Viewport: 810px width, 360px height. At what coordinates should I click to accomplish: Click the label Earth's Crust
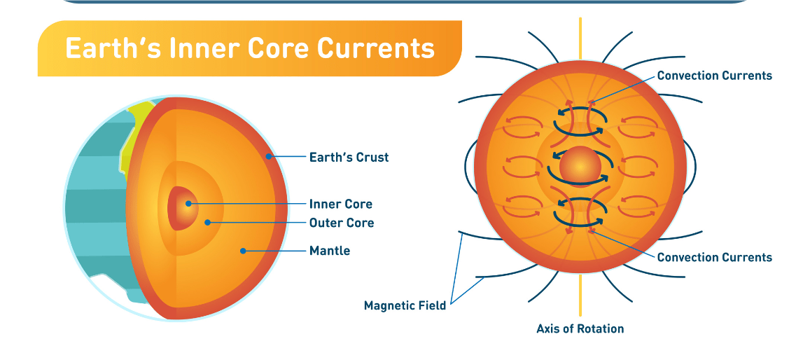click(x=349, y=157)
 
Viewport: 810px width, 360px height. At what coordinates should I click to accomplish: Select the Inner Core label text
click(x=340, y=204)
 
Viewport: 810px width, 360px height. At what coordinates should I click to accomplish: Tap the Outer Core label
click(x=342, y=223)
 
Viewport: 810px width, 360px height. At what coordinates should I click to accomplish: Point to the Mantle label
click(x=330, y=251)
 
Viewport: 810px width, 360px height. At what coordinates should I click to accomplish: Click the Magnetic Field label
click(x=405, y=305)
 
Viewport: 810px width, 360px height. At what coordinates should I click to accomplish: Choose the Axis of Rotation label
click(x=580, y=328)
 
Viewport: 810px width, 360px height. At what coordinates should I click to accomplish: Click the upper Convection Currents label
click(x=714, y=76)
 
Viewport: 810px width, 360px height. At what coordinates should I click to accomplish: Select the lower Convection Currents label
click(x=714, y=257)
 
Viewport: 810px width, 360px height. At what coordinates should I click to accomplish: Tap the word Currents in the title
click(x=375, y=48)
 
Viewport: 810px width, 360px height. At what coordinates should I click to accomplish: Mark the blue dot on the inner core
click(x=188, y=204)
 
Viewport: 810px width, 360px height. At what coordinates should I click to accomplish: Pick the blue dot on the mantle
click(x=243, y=251)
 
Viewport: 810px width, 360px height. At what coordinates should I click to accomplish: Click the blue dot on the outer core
click(x=207, y=223)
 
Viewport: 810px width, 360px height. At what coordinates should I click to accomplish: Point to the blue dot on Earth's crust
click(x=268, y=156)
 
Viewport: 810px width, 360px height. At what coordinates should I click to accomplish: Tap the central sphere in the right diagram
click(x=580, y=167)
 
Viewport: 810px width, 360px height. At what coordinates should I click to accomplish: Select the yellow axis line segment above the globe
click(x=580, y=39)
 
